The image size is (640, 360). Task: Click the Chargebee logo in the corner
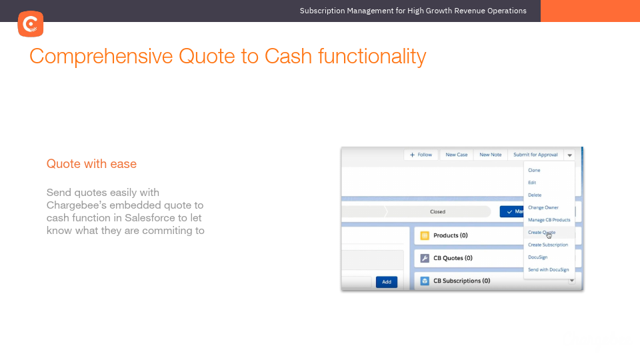[x=31, y=24]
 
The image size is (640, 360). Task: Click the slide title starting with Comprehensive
[x=227, y=56]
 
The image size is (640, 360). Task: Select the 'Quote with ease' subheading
[x=91, y=163]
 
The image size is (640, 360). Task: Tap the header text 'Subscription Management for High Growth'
[x=413, y=11]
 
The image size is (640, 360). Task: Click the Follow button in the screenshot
[x=421, y=155]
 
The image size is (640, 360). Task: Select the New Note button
[x=490, y=155]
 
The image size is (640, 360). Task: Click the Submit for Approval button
[x=535, y=155]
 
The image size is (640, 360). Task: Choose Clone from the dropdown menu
[x=534, y=170]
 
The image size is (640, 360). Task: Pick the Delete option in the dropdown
[x=535, y=195]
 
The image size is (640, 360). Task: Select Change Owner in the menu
[x=543, y=207]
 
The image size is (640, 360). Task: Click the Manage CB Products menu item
[x=549, y=220]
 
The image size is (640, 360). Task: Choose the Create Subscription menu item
[x=547, y=245]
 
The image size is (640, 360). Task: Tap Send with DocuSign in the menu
[x=548, y=269]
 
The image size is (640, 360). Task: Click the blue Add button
[x=386, y=282]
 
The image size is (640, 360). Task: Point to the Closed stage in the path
[x=437, y=211]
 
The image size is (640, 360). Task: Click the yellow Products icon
[x=425, y=235]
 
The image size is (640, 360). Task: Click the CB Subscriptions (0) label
[x=461, y=281]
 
